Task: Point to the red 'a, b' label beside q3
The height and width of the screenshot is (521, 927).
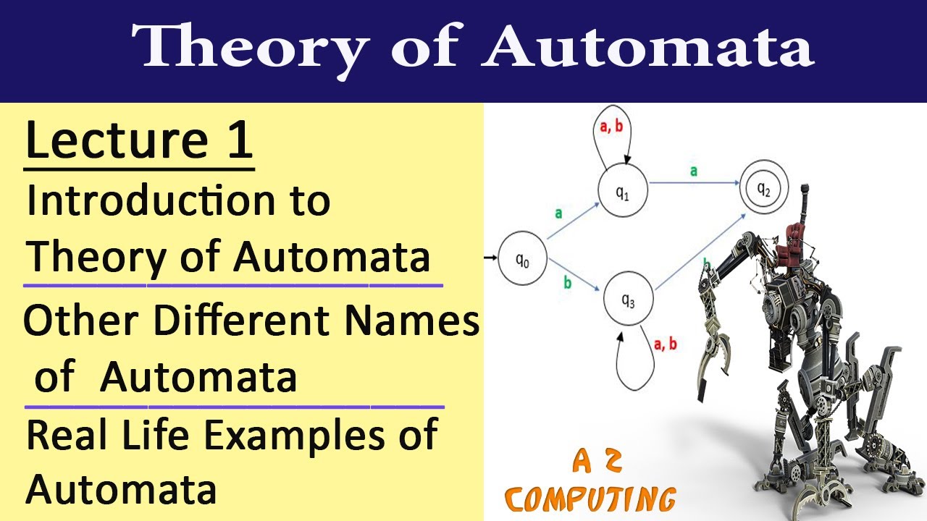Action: [665, 344]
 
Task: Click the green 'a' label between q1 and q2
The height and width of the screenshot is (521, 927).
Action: [693, 171]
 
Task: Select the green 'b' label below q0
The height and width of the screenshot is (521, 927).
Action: [567, 282]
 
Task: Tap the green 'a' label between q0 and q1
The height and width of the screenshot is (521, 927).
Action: [558, 213]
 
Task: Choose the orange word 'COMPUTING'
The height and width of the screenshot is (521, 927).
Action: [591, 499]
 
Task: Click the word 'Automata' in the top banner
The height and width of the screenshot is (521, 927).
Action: [648, 49]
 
